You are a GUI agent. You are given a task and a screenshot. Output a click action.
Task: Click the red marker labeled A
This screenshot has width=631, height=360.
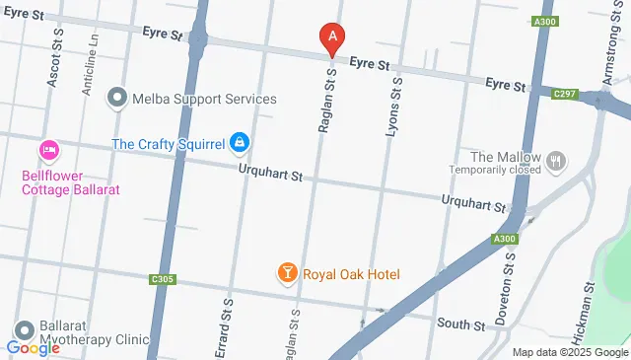332,38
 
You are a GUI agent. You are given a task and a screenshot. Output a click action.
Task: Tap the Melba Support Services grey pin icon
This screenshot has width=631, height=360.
117,98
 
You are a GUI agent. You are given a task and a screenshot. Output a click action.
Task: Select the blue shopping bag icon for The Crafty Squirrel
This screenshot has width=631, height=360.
239,144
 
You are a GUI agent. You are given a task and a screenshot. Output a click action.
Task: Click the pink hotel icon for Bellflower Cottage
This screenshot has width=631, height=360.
48,150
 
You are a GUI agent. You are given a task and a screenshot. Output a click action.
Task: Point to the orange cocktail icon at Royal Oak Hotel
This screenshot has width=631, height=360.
287,272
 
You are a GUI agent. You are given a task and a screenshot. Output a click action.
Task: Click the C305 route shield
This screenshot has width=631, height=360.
164,280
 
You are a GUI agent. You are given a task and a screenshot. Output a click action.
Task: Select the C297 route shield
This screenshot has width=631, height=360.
565,94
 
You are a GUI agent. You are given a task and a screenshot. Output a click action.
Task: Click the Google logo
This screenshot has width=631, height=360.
33,348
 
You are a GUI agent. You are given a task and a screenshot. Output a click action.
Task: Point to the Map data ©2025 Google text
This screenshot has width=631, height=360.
570,352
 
